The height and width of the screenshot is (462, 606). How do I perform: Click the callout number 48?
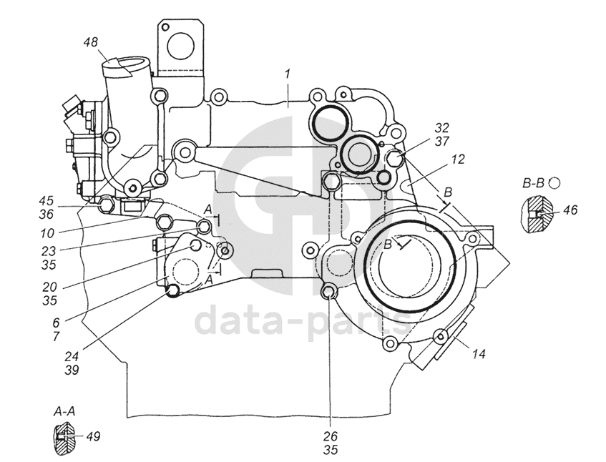click(91, 42)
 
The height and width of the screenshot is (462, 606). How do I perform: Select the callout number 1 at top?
click(288, 74)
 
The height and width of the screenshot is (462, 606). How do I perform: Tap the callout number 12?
click(458, 159)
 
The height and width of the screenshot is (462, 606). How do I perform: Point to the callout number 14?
click(479, 353)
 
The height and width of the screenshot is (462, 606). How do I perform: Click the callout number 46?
click(570, 210)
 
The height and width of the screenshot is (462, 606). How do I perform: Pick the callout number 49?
click(93, 436)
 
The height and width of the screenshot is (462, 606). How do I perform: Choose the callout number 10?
click(47, 233)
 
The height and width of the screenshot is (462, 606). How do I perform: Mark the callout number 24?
click(72, 355)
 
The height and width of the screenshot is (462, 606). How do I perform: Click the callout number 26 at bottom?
click(331, 436)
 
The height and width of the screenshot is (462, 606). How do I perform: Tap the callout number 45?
click(47, 201)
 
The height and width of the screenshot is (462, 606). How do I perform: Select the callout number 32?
click(441, 127)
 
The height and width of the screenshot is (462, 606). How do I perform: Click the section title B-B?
click(533, 183)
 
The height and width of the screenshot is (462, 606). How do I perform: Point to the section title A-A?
click(64, 411)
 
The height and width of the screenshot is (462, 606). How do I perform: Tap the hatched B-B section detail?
click(537, 215)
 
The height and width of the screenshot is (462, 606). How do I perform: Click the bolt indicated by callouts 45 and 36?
click(105, 205)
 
